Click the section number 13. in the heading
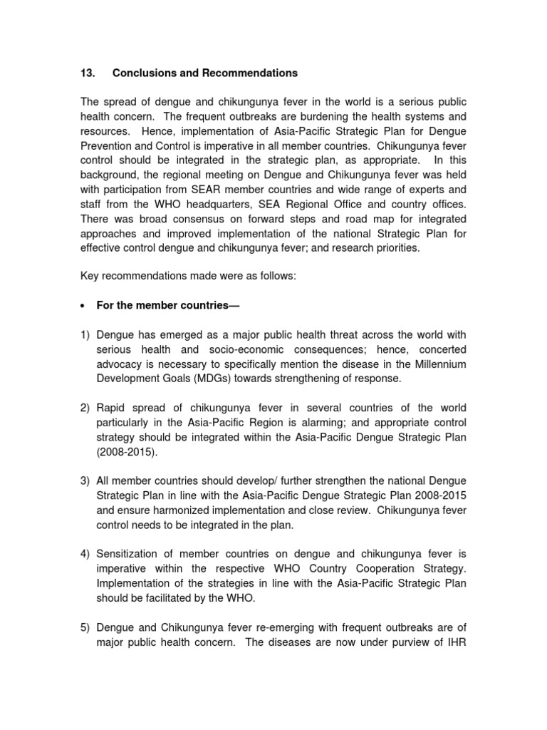point(87,73)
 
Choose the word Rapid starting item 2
point(112,408)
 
